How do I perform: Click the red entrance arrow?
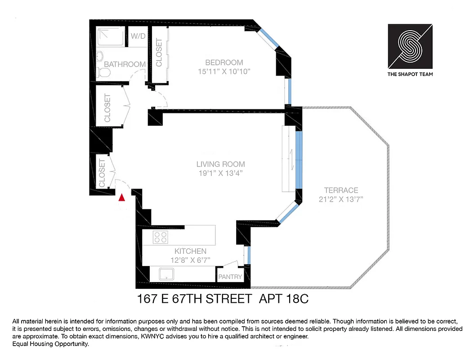pyautogui.click(x=121, y=197)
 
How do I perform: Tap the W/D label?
pyautogui.click(x=138, y=36)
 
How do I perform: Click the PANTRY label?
pyautogui.click(x=230, y=277)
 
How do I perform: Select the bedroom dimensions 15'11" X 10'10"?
pyautogui.click(x=224, y=71)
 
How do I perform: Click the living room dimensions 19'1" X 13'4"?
pyautogui.click(x=220, y=173)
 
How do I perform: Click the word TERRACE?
pyautogui.click(x=341, y=190)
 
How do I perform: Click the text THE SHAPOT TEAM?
pyautogui.click(x=410, y=74)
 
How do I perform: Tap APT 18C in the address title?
pyautogui.click(x=284, y=298)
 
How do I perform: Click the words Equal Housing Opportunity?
pyautogui.click(x=51, y=344)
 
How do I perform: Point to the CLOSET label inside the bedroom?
pyautogui.click(x=159, y=53)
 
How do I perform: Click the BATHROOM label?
pyautogui.click(x=125, y=64)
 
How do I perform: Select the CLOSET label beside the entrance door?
pyautogui.click(x=102, y=173)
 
